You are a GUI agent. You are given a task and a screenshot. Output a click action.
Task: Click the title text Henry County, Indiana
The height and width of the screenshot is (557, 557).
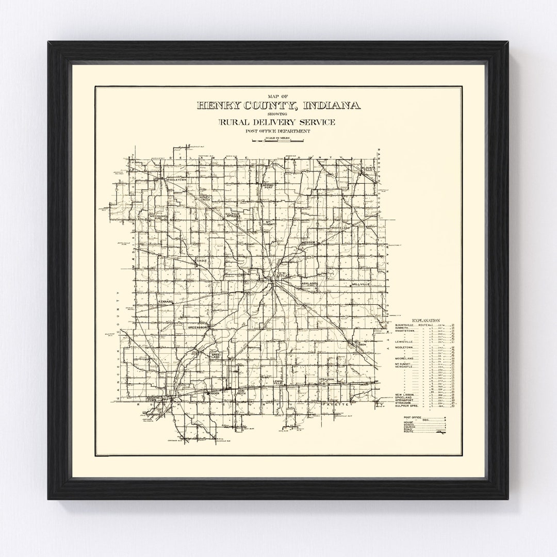click(278, 106)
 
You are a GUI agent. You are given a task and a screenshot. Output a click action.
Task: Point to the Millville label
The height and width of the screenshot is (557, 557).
click(361, 284)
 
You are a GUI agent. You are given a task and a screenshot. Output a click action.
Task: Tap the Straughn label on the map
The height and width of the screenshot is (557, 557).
click(327, 379)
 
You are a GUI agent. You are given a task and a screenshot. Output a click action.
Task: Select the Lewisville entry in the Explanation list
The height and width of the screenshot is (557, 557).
click(404, 341)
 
